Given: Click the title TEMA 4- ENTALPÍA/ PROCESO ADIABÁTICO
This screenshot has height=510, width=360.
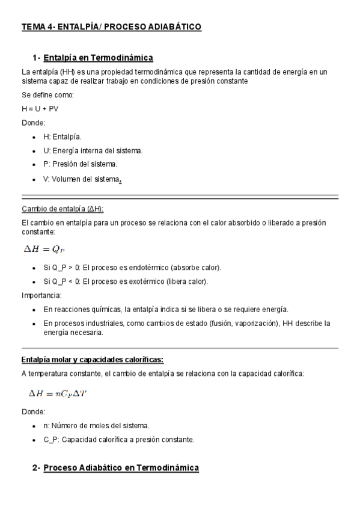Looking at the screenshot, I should [x=111, y=27].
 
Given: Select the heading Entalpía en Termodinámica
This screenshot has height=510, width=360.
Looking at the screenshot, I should [x=99, y=58].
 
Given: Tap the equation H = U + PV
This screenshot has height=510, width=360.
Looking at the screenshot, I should [x=40, y=108].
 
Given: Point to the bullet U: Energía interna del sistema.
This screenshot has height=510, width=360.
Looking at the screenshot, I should [x=93, y=150].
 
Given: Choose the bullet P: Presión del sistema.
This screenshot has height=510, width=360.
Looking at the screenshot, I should [x=80, y=164].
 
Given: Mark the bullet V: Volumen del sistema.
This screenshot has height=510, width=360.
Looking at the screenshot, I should [x=82, y=179].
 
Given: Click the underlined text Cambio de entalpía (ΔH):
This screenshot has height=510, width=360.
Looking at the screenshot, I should [x=63, y=209].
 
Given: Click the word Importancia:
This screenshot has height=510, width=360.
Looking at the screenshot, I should [x=41, y=295].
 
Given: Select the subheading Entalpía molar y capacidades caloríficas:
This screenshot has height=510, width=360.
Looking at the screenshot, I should [x=92, y=360].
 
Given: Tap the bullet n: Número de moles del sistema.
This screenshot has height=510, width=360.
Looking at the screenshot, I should [x=96, y=425].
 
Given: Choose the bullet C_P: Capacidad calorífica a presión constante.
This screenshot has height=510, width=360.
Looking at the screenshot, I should [x=118, y=440].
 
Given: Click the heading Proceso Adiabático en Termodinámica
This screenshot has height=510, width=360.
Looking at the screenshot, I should [x=121, y=467].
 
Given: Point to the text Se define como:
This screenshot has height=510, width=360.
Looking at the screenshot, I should [x=47, y=94].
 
